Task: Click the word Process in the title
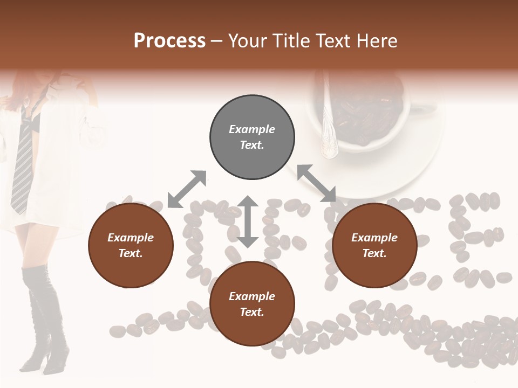169,41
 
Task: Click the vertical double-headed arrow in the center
248,221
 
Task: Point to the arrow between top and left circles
187,189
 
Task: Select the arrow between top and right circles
316,183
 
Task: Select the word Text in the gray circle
251,145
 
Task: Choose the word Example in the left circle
131,238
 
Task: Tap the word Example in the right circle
374,238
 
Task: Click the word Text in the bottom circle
251,312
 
